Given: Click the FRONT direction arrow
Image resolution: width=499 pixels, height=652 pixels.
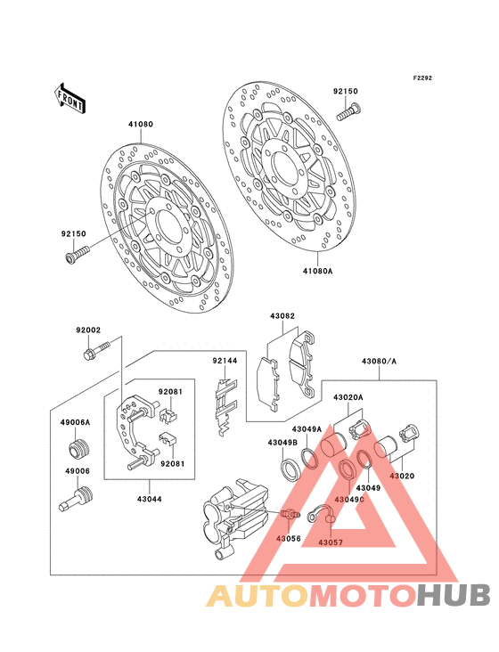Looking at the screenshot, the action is point(70,99).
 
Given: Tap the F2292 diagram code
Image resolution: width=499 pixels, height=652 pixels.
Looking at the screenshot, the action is point(422,77).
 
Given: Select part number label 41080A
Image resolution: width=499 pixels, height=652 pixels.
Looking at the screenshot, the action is point(318,271).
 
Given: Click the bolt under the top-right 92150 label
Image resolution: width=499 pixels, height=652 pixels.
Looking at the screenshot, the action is point(348,111).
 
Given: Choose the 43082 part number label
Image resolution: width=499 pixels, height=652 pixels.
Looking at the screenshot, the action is point(282,316).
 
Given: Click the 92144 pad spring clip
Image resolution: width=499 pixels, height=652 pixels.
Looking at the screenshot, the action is point(225,406).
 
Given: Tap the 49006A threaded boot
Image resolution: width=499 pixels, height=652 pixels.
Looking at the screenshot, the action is point(79,448).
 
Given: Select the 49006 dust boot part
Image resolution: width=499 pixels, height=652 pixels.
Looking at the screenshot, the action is point(76,499).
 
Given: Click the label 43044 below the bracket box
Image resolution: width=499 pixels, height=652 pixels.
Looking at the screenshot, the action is point(150,499).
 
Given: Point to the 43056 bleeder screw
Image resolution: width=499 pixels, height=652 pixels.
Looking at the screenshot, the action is point(290,514).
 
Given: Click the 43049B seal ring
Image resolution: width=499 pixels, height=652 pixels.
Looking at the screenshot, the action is point(290,469).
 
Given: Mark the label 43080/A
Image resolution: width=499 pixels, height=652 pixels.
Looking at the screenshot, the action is point(379,362).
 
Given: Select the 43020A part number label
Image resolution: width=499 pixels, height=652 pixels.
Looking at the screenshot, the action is point(348,397).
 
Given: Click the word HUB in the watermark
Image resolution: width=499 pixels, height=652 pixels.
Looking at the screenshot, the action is point(454,595).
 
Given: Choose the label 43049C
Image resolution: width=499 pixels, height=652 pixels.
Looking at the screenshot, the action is point(348,499).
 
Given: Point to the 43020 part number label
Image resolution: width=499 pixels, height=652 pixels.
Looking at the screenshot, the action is point(402,476).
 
